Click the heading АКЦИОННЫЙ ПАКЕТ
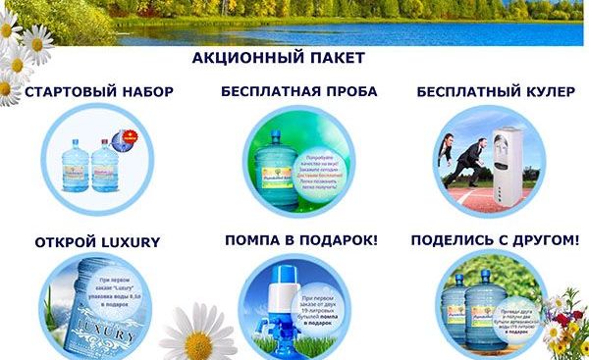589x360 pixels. (279, 58)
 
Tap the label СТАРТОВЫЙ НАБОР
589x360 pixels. (99, 92)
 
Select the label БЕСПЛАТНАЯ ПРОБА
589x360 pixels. (298, 92)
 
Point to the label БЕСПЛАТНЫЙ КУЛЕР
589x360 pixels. (493, 92)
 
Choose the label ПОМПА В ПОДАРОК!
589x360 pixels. (301, 240)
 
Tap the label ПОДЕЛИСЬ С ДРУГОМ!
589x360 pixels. (495, 240)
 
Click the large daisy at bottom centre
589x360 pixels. (195, 334)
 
